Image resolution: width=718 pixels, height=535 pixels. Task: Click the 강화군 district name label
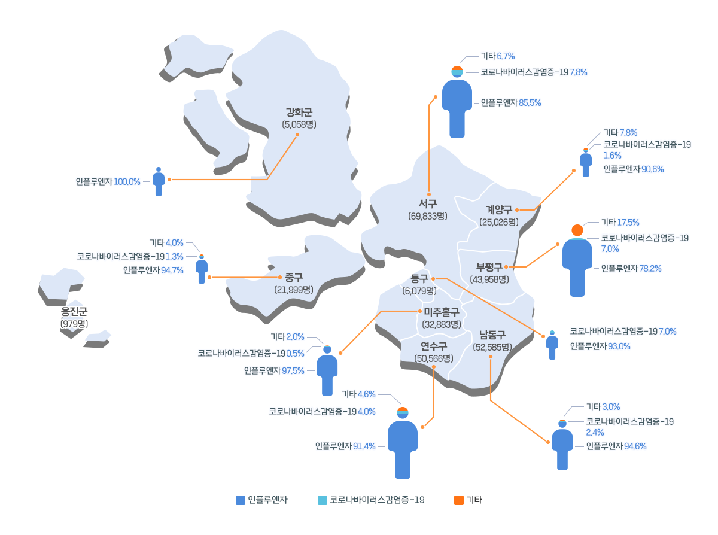[x=299, y=113]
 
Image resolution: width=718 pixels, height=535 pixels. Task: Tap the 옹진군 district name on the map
[x=74, y=312]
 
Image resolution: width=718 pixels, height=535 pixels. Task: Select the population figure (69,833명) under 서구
[x=428, y=216]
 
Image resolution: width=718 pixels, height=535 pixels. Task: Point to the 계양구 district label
[x=499, y=210]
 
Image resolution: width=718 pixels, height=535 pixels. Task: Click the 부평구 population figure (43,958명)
[x=489, y=279]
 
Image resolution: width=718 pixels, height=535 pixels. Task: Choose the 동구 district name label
[x=419, y=278]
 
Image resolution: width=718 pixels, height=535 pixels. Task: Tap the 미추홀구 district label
[x=442, y=312]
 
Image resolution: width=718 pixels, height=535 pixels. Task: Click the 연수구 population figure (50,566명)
[x=434, y=358]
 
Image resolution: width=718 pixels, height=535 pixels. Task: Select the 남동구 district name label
[x=492, y=335]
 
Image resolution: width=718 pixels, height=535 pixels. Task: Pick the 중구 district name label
[x=294, y=277]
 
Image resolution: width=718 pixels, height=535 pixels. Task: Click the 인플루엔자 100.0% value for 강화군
[x=108, y=182]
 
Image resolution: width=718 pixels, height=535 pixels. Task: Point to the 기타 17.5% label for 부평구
[x=620, y=223]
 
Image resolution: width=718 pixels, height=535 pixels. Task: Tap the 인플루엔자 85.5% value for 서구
[x=511, y=103]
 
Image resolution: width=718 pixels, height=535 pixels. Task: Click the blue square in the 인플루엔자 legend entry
[x=240, y=500]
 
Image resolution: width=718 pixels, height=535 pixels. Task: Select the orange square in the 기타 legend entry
[x=459, y=500]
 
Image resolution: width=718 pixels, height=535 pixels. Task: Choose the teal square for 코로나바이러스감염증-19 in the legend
[x=323, y=500]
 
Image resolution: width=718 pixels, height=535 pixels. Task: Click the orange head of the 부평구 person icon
[x=577, y=230]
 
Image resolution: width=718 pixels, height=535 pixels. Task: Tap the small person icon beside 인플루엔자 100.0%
[x=159, y=182]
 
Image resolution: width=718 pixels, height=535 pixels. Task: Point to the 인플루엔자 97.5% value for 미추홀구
[x=274, y=371]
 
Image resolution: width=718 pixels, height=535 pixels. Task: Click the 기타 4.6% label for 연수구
[x=358, y=394]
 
